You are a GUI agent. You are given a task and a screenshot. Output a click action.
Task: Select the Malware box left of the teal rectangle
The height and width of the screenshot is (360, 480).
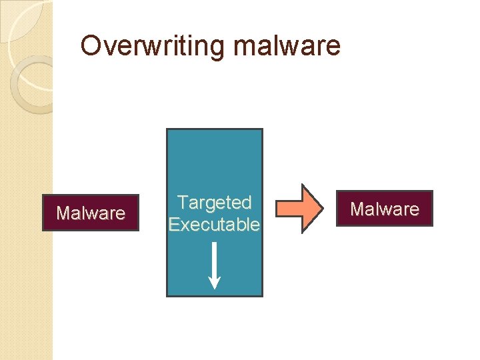91,213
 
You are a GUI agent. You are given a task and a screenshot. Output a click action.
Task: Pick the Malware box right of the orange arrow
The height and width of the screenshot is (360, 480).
385,209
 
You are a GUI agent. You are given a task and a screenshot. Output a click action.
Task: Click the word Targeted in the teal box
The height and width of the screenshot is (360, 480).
214,202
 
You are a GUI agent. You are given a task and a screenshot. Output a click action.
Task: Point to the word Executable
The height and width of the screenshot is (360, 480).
214,225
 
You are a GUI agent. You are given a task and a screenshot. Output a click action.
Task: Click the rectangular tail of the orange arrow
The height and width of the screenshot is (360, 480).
288,208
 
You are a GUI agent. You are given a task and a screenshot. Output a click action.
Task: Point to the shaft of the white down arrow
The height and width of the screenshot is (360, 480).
214,257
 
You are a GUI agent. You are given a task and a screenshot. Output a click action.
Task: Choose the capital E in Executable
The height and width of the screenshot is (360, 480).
175,225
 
